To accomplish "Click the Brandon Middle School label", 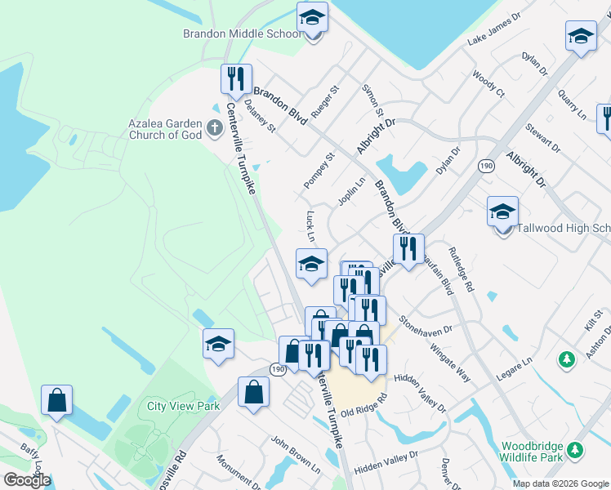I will click(242, 34).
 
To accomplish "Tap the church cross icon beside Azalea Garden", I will click(214, 127).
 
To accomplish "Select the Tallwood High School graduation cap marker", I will click(502, 212).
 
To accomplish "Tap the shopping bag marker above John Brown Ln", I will click(254, 391).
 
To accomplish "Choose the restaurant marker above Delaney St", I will click(234, 78).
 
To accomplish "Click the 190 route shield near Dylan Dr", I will click(484, 164).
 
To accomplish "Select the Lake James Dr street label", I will click(493, 30).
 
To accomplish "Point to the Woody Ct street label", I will click(488, 84).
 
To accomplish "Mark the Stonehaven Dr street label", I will click(425, 326).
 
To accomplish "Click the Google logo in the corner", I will click(26, 480).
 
